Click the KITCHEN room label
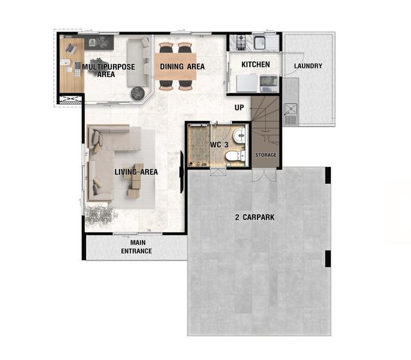[x=256, y=64]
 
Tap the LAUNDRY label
[x=308, y=66]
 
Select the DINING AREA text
[x=182, y=67]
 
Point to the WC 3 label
[x=219, y=145]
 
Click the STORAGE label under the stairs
[x=266, y=155]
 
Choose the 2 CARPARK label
[x=255, y=217]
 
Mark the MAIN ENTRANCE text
[x=137, y=247]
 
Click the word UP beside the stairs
[x=239, y=107]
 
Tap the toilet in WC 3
[x=235, y=157]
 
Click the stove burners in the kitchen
[x=241, y=42]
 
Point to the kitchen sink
[x=259, y=42]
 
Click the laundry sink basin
[x=290, y=109]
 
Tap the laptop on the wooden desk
[x=71, y=48]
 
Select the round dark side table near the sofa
[x=137, y=93]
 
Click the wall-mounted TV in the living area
[x=181, y=172]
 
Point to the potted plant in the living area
[x=100, y=213]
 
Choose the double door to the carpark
[x=264, y=175]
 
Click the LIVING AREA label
[x=136, y=172]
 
